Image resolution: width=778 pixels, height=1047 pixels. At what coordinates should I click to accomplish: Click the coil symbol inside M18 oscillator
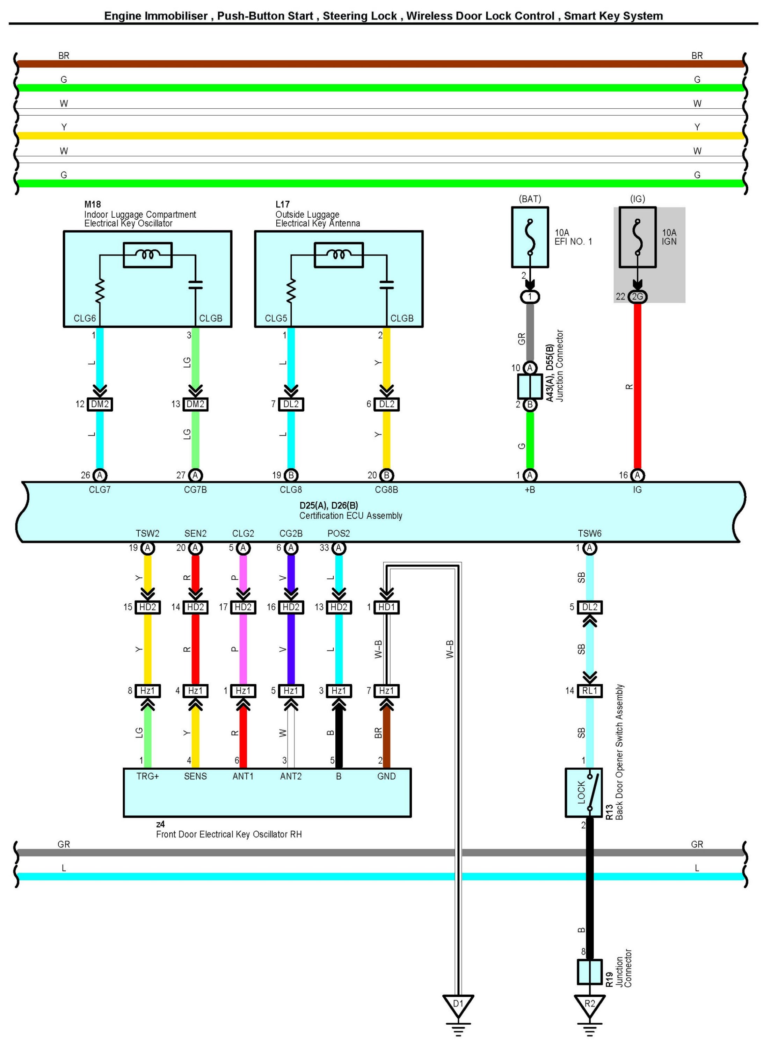147,255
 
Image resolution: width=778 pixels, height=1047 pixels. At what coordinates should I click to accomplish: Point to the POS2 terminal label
338,533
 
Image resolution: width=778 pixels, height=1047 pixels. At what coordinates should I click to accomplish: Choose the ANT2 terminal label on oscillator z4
291,776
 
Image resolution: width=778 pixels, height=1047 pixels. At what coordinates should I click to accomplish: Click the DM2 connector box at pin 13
195,404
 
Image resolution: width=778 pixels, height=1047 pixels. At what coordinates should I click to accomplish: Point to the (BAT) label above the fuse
530,199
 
